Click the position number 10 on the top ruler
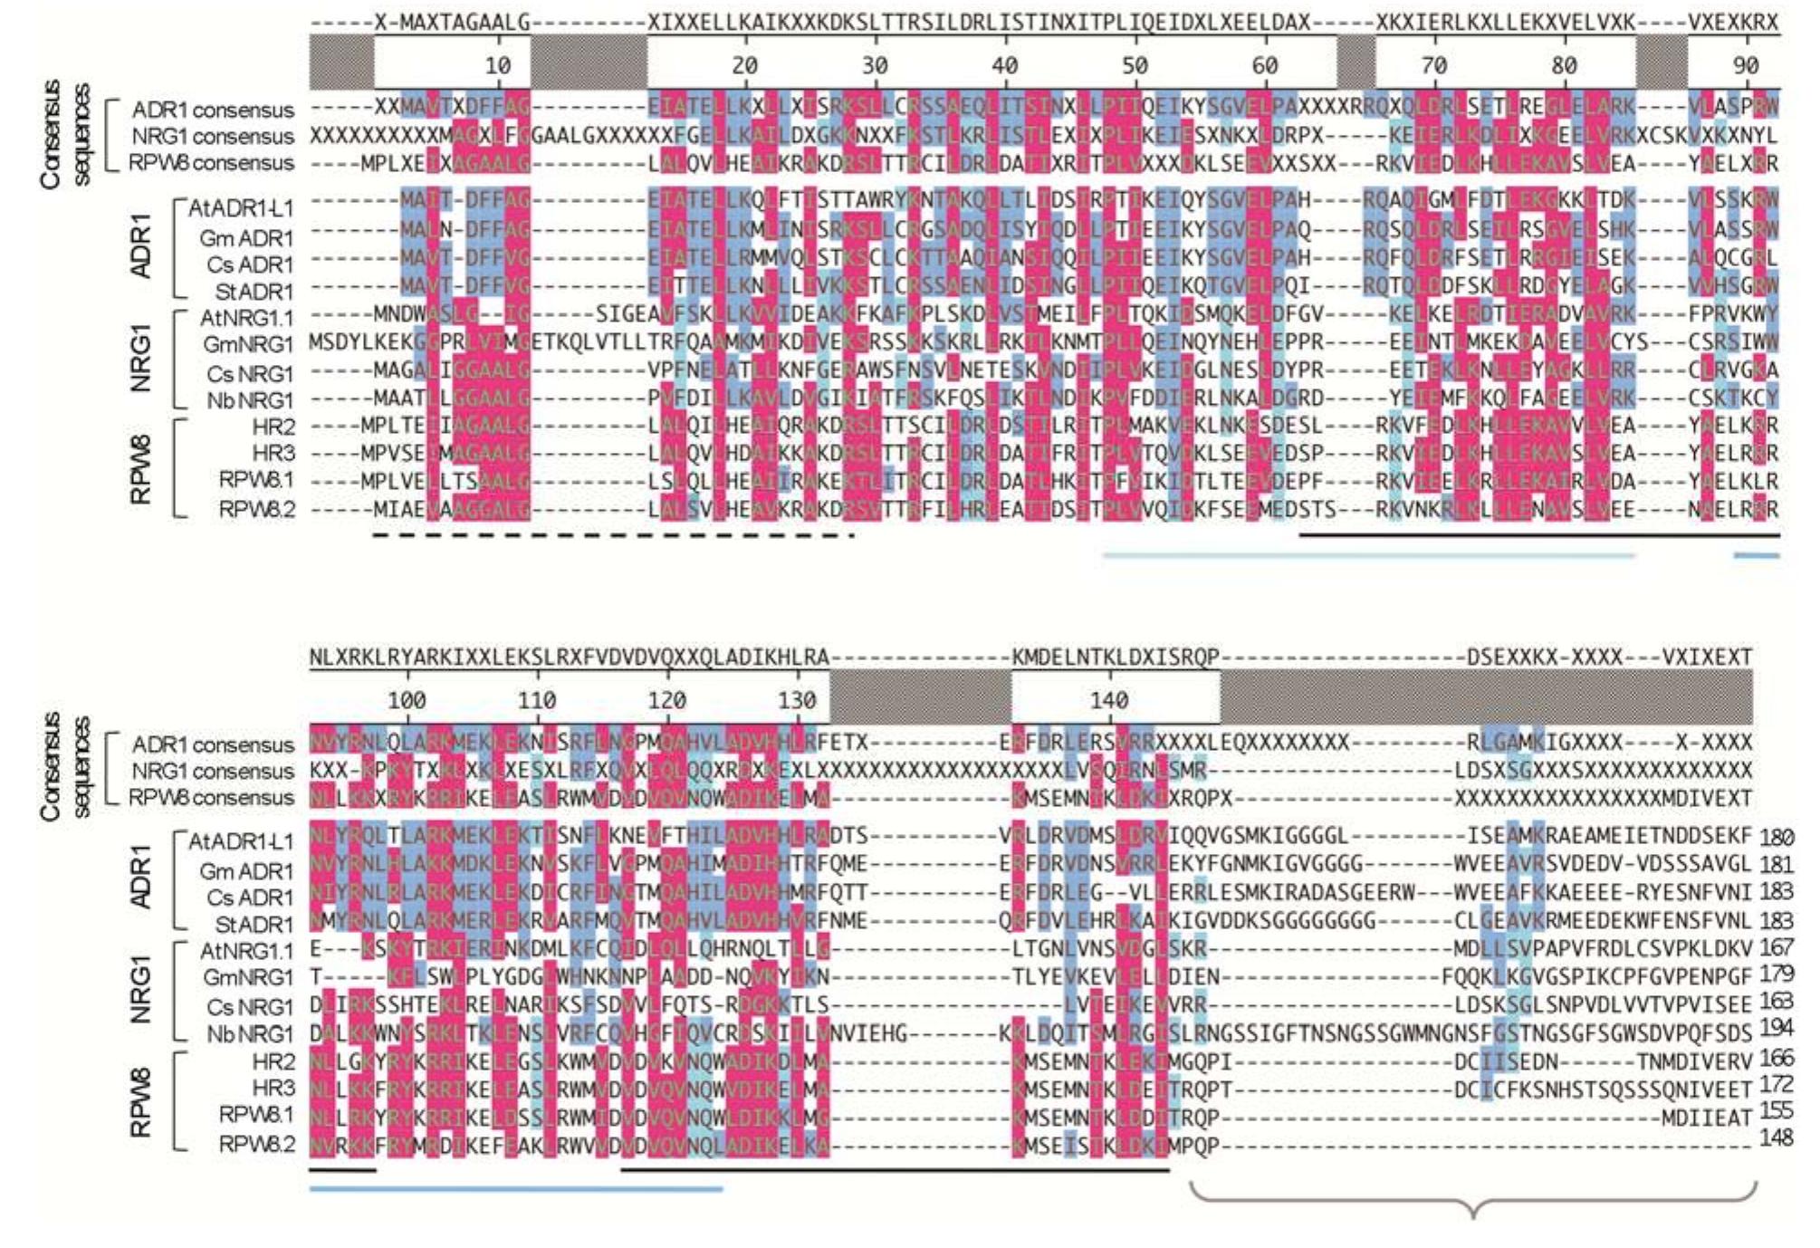click(x=498, y=65)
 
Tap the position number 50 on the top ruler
click(x=1135, y=65)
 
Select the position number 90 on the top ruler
click(x=1746, y=65)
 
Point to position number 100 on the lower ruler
click(x=407, y=700)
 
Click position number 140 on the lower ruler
click(x=1108, y=700)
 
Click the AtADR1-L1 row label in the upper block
click(x=241, y=208)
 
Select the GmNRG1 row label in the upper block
click(x=248, y=345)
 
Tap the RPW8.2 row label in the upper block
click(x=256, y=509)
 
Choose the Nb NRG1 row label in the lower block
click(x=250, y=1033)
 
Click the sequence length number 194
click(x=1776, y=1028)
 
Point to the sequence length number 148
click(x=1776, y=1138)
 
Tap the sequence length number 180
click(x=1776, y=837)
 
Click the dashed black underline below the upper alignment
click(x=614, y=535)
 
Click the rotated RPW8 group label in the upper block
click(x=140, y=469)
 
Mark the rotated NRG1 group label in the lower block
click(x=140, y=992)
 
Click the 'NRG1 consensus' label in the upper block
click(x=213, y=137)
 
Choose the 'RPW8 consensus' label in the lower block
click(x=211, y=798)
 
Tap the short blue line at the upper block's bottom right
click(x=1757, y=555)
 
